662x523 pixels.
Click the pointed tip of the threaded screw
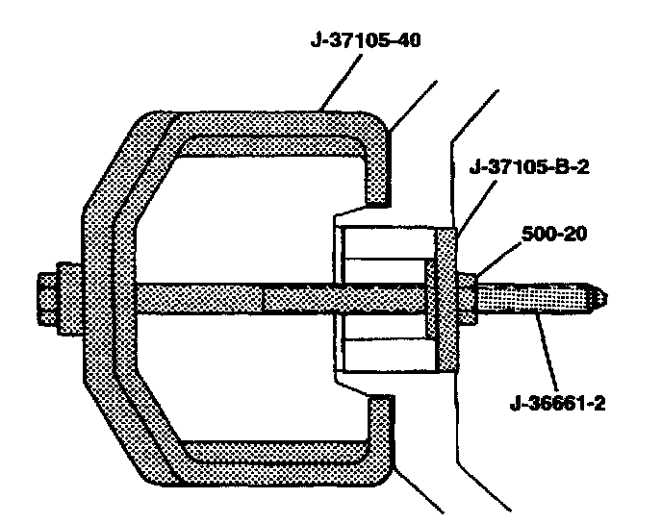[601, 297]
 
